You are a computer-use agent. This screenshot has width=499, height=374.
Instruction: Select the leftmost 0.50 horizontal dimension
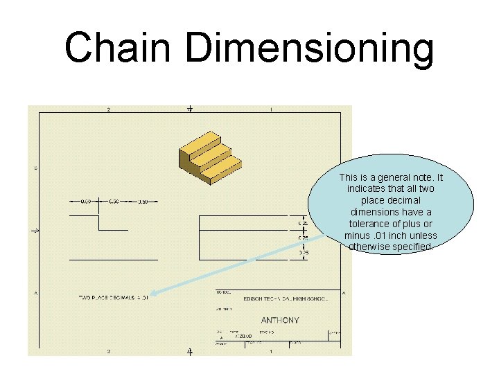(x=85, y=202)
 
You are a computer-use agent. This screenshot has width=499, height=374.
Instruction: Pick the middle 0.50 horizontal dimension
(x=114, y=202)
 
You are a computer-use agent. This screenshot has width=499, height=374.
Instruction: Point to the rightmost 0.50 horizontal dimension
(x=142, y=202)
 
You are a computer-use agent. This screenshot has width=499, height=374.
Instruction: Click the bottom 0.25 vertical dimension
(x=304, y=253)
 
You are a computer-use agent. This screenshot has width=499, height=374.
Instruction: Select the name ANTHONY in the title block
(x=279, y=320)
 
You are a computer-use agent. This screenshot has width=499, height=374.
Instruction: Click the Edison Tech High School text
(x=285, y=298)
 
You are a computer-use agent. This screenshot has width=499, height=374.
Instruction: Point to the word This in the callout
(x=349, y=178)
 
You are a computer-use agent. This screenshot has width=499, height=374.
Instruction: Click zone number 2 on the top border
(x=108, y=109)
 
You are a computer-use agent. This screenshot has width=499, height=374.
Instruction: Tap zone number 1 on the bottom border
(x=270, y=352)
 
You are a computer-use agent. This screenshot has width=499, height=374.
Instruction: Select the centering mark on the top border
(x=189, y=109)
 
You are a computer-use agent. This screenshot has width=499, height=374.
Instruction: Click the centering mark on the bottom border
(x=189, y=352)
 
